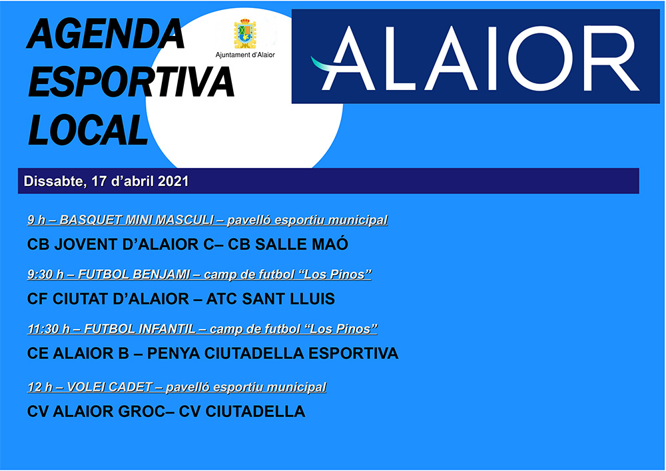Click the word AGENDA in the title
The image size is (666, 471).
(105, 33)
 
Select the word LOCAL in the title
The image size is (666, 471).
(87, 129)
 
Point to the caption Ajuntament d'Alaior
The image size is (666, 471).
(245, 55)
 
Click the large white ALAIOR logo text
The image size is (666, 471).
(476, 58)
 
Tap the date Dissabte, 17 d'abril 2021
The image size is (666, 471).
(106, 181)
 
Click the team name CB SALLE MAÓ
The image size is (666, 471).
(288, 244)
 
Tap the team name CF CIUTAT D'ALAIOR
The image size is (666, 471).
(108, 298)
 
